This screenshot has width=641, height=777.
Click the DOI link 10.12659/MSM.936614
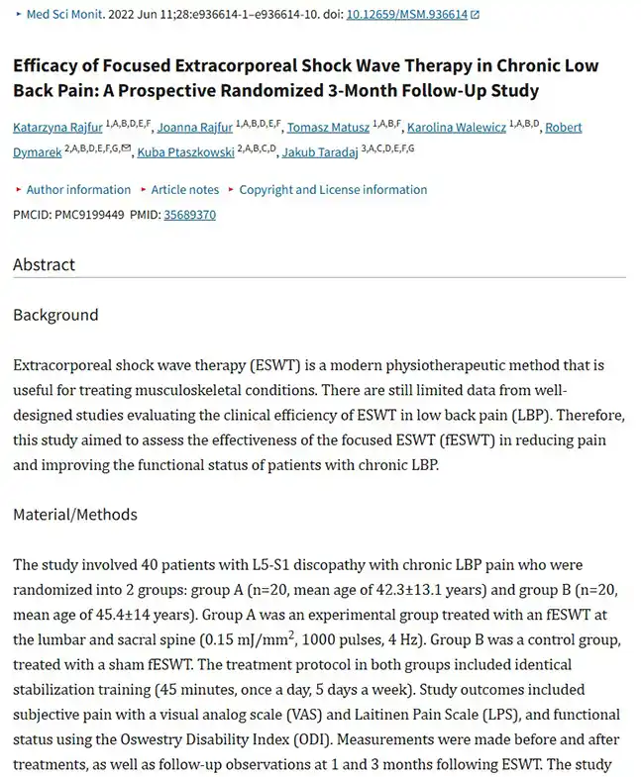pos(406,15)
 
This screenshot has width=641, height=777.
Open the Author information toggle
pos(77,190)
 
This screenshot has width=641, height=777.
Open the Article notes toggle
pos(184,190)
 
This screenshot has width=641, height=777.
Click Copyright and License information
pos(333,190)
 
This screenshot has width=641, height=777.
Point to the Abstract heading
pos(44,265)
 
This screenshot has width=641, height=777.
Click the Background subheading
pos(55,315)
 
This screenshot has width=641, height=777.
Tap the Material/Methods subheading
pos(75,515)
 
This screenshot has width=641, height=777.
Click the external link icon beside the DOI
pos(475,15)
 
